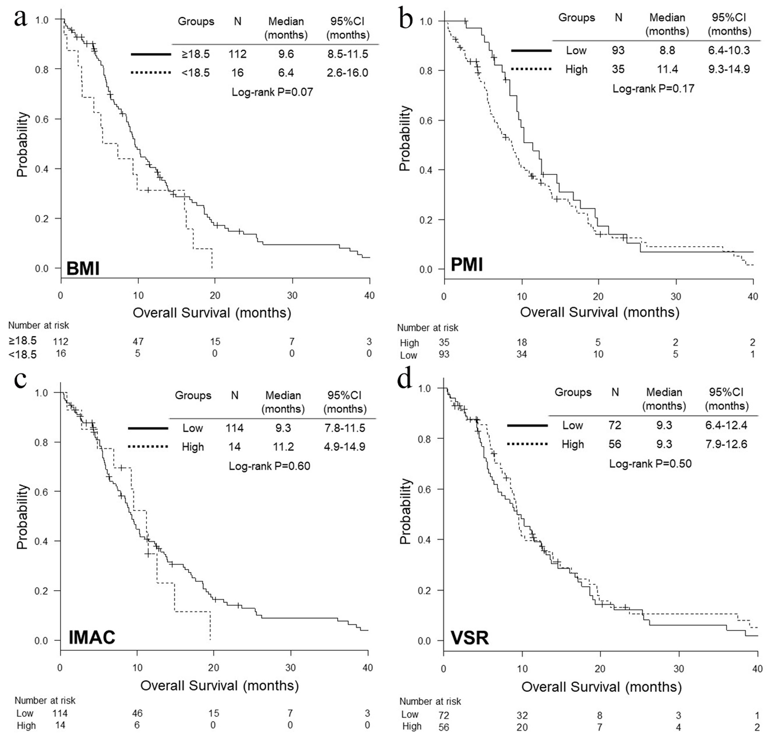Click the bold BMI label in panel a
click(83, 268)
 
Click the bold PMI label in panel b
click(467, 264)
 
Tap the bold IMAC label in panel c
click(92, 638)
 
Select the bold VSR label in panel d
click(470, 638)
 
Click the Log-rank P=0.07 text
click(272, 92)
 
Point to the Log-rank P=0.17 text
click(653, 88)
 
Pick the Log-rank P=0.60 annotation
click(269, 466)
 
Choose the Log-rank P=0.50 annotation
click(650, 463)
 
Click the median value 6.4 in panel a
click(286, 73)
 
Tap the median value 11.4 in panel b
click(667, 69)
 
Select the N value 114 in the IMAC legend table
click(234, 428)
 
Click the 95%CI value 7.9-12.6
click(726, 444)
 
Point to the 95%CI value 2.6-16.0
click(347, 73)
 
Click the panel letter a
click(20, 18)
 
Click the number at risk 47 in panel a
click(138, 342)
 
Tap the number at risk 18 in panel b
click(522, 342)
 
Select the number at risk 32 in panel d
click(522, 715)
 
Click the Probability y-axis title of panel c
click(22, 517)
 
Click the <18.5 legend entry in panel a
click(196, 73)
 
